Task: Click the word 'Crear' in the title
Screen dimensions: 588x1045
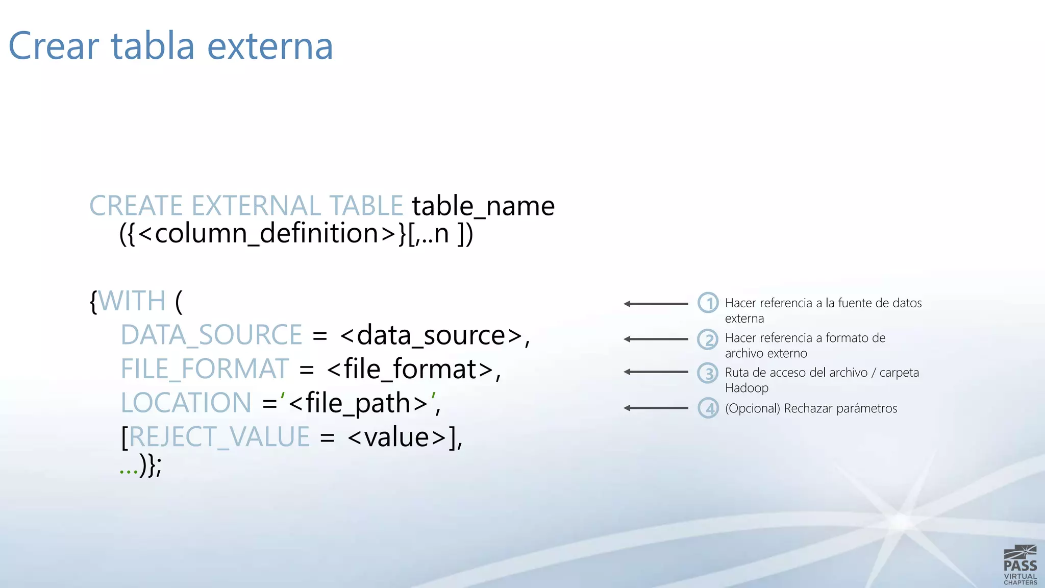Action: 53,46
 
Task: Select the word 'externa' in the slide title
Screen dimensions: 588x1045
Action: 270,46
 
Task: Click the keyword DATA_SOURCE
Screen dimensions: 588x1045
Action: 211,335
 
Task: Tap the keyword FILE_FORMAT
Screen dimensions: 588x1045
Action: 205,369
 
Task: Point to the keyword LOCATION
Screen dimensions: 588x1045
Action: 186,403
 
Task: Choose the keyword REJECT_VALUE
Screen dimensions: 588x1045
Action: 219,437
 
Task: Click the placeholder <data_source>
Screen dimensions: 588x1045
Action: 431,336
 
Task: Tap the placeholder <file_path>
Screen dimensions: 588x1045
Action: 358,404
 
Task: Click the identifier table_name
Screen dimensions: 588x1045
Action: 483,206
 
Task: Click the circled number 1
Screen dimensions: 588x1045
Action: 708,303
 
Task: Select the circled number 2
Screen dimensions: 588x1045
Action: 708,339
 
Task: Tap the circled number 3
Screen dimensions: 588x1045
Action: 708,373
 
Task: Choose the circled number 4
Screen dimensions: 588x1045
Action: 708,408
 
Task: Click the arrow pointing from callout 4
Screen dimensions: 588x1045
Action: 656,408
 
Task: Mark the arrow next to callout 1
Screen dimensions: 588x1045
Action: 656,304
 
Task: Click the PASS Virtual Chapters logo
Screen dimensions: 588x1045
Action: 1020,565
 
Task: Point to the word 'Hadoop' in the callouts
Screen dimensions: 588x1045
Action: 747,388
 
